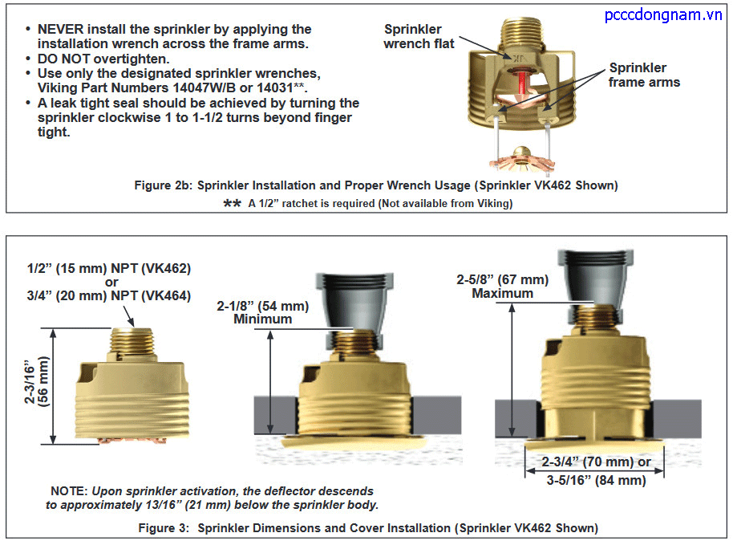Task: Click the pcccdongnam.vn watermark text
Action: (x=663, y=15)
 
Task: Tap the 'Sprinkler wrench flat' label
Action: (x=419, y=36)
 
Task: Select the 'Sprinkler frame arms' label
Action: (x=644, y=75)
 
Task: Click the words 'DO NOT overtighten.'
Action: (x=103, y=59)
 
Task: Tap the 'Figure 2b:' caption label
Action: (x=163, y=185)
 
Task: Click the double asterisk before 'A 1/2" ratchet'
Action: (x=232, y=204)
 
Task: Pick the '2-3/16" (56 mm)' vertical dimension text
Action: (x=36, y=382)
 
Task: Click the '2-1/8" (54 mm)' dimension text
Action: (x=263, y=306)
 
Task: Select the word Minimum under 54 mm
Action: (x=263, y=319)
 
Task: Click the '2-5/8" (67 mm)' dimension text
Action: (x=503, y=280)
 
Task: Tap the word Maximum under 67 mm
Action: (x=503, y=294)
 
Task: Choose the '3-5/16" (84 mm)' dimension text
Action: (x=596, y=480)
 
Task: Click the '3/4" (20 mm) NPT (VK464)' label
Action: (x=109, y=295)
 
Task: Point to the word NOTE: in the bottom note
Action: (x=69, y=491)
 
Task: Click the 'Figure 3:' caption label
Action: (x=164, y=528)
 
